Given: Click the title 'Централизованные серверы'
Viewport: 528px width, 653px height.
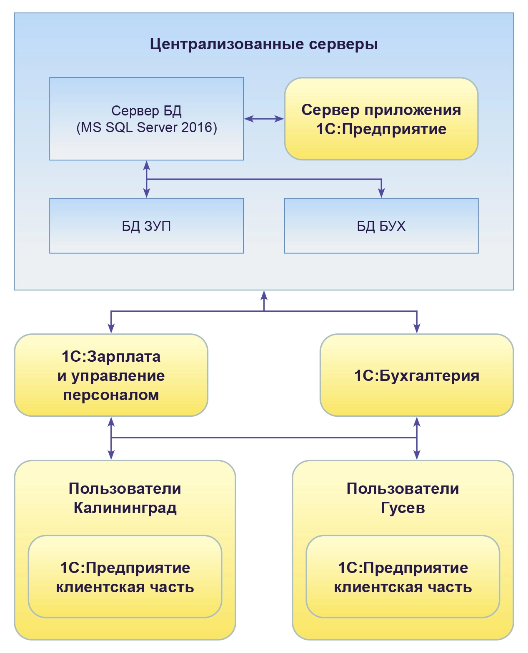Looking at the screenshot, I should tap(264, 44).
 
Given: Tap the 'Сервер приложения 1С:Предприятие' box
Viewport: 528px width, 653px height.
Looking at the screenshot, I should tap(381, 119).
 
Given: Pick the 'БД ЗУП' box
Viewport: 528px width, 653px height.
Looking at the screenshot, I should tap(146, 226).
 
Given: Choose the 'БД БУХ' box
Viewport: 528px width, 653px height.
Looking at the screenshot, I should tap(381, 226).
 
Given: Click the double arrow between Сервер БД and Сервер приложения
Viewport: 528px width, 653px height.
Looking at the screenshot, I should tap(264, 119).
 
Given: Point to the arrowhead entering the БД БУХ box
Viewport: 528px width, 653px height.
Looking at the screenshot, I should tap(381, 193).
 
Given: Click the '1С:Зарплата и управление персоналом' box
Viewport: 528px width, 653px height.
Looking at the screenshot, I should tap(111, 375).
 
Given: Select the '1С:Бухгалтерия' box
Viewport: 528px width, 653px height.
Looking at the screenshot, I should tap(416, 375).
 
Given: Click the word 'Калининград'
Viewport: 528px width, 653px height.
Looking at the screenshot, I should tap(125, 508).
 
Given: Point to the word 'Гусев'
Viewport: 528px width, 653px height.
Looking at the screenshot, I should tap(403, 508).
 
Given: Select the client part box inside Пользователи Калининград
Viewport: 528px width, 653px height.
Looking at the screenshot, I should tap(125, 577).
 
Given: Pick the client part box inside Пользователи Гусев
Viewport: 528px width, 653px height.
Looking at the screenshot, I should tap(403, 577).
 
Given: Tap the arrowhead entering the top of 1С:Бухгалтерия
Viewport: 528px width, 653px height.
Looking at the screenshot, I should tap(417, 328).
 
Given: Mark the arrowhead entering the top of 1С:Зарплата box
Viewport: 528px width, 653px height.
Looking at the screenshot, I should tap(111, 328).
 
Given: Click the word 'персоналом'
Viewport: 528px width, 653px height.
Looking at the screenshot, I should tap(111, 395).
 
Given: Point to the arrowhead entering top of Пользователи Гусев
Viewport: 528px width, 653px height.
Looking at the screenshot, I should tap(417, 455).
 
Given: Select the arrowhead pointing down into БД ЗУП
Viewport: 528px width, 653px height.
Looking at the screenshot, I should tap(147, 193).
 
